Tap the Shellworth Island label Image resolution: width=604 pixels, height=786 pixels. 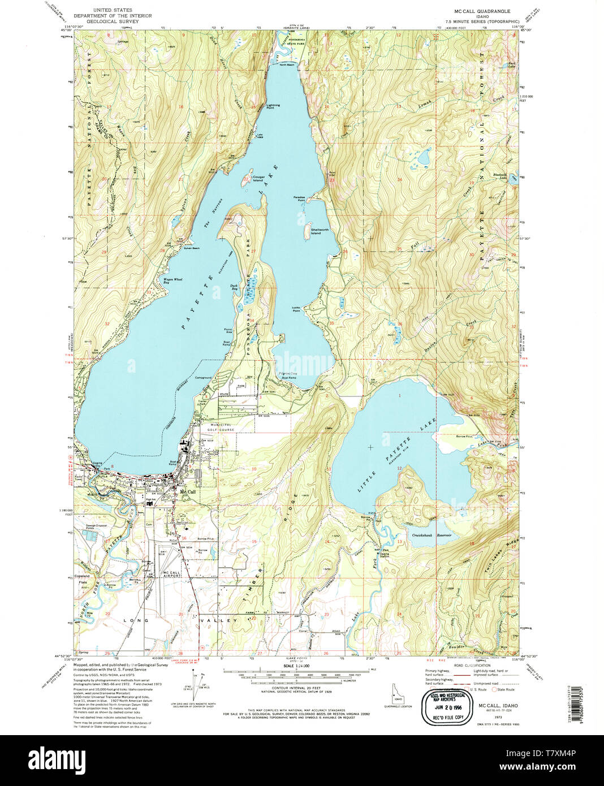[316, 231]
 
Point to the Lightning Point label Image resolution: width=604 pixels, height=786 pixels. [273, 106]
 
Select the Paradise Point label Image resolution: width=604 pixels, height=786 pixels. [299, 199]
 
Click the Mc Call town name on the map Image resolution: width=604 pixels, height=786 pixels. [188, 492]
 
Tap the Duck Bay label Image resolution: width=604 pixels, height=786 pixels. [234, 287]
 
